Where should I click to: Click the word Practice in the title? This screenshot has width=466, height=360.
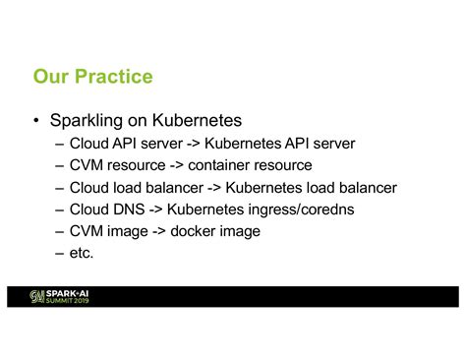[x=112, y=77]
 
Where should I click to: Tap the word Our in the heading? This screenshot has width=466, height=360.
[x=50, y=77]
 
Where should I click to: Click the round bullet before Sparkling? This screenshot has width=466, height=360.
[x=35, y=122]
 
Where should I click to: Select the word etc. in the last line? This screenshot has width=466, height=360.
[x=82, y=253]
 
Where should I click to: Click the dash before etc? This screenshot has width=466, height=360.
[x=60, y=253]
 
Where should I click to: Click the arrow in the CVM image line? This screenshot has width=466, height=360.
[x=159, y=231]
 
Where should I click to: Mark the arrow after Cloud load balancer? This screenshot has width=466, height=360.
[x=212, y=187]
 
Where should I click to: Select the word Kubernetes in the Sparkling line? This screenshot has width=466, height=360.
[x=197, y=122]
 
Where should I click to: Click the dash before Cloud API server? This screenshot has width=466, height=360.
[x=60, y=144]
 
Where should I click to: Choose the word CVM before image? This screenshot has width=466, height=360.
[x=88, y=231]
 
